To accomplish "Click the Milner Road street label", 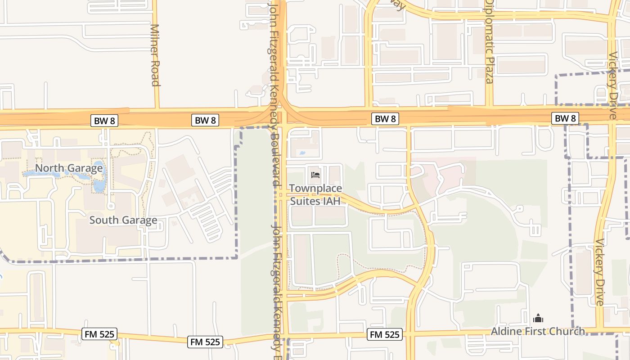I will coord(155,54).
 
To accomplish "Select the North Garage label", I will coord(69,168).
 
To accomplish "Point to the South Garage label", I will coord(123,220).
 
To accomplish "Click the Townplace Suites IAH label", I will coord(315,194).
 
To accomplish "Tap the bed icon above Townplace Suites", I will coord(315,175).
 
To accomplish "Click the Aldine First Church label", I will coord(538,332).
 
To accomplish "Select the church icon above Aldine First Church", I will coord(538,319).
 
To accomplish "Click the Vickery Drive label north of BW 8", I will coord(612,85).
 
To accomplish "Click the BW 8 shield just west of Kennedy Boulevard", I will coord(205,120).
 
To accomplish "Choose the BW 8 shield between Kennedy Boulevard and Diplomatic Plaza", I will coord(385,119).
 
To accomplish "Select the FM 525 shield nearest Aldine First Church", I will coord(385,334).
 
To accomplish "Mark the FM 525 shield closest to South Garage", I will coord(100,334).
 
